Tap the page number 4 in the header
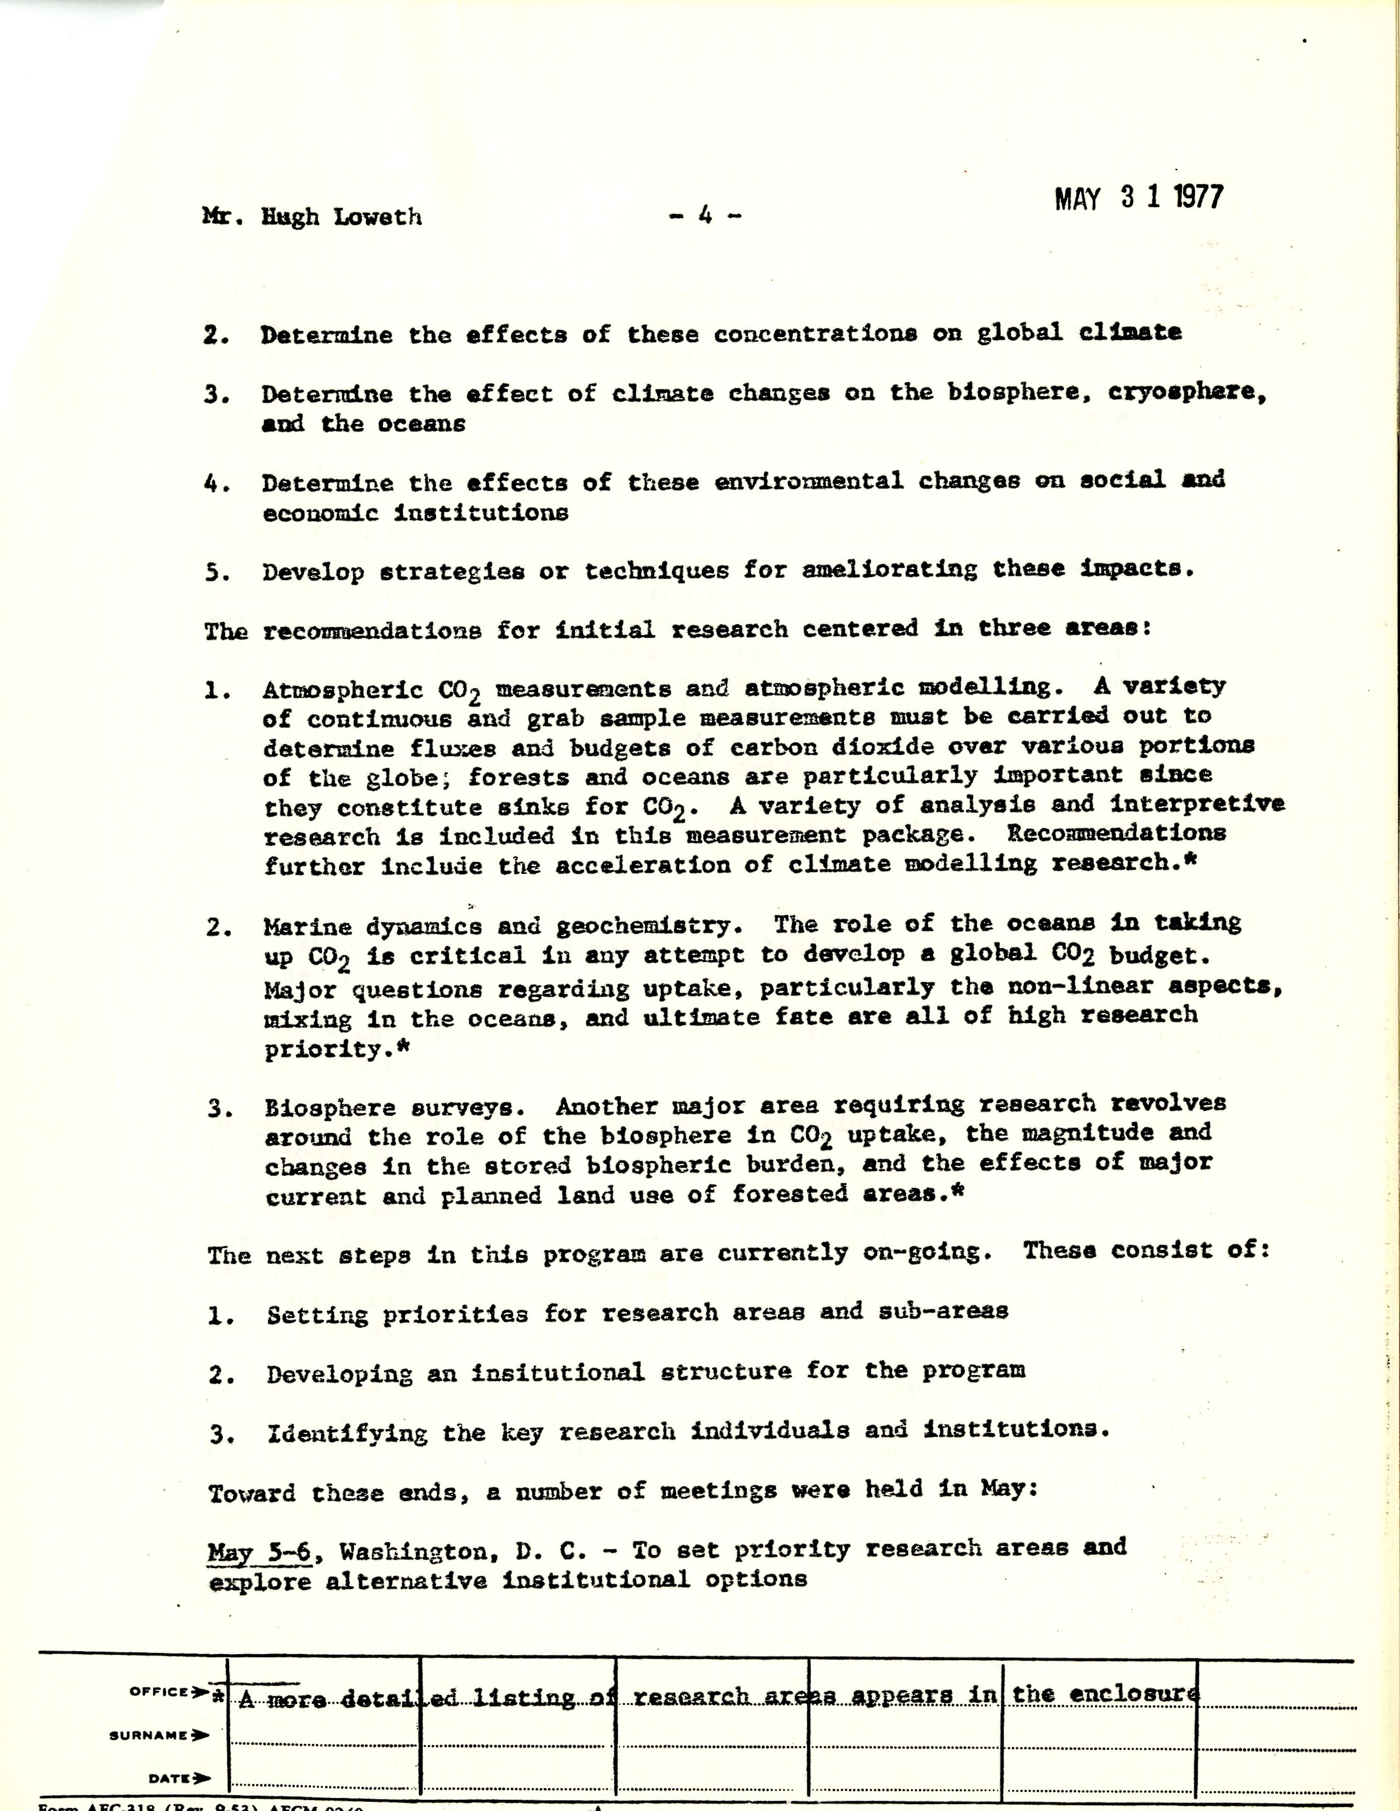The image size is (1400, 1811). click(x=705, y=216)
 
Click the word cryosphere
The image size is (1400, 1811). click(x=1186, y=393)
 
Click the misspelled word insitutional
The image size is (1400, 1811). click(x=557, y=1372)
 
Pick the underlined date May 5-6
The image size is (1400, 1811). click(x=259, y=1550)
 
